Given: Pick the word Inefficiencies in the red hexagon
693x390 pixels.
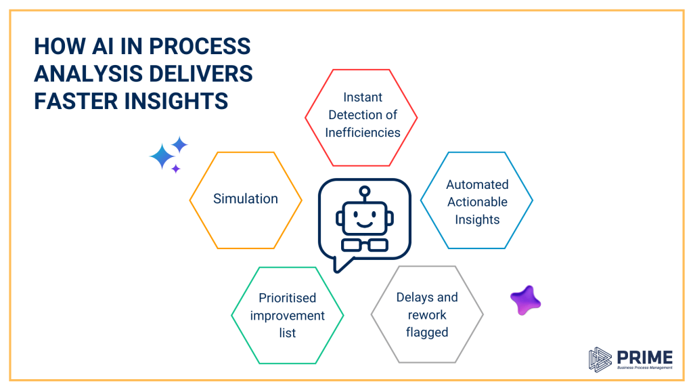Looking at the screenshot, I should tap(362, 133).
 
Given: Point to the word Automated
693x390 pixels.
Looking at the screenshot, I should tap(477, 184).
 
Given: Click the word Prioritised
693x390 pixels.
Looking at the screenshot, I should tap(288, 298).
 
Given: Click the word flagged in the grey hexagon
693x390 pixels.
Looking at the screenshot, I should tap(427, 332).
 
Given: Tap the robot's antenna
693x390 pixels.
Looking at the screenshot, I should tap(365, 194).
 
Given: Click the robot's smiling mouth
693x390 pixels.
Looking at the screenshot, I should tap(365, 222).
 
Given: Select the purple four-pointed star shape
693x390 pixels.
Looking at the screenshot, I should tap(525, 300).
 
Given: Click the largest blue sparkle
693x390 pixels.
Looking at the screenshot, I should tap(162, 157).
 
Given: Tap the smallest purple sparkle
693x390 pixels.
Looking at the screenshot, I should tap(175, 169).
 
